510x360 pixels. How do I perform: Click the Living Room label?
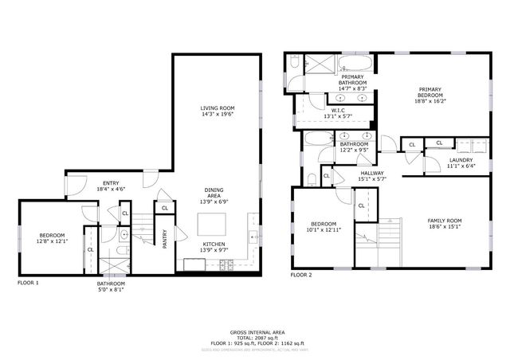217,108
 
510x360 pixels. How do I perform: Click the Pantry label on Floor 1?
165,240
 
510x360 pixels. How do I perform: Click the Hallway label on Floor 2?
371,173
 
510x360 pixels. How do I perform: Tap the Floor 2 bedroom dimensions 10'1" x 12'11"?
323,229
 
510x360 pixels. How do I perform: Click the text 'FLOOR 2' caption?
301,275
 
